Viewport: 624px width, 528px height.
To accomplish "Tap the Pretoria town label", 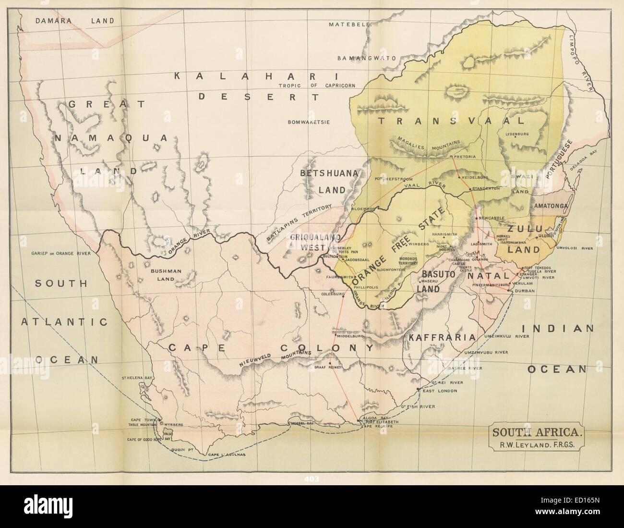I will [x=464, y=157].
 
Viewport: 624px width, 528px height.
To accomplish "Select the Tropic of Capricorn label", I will [x=317, y=86].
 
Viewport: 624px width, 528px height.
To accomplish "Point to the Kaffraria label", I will [x=442, y=337].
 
